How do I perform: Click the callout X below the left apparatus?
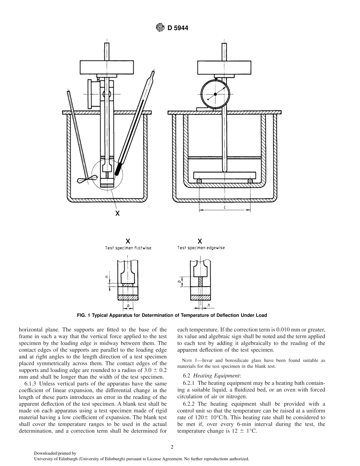[117, 213]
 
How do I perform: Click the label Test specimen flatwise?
[128, 248]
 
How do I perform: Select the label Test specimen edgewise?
[201, 248]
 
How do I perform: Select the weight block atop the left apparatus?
[107, 67]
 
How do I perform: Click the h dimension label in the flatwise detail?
[108, 277]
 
